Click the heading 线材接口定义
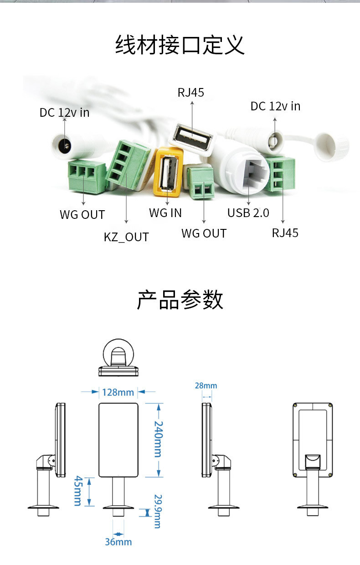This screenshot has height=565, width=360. pos(180,45)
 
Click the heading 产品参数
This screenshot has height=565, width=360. pos(180,300)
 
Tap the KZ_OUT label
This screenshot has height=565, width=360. pos(126,237)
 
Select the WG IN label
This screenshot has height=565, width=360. pos(165,213)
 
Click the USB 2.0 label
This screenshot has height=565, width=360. pos(248,213)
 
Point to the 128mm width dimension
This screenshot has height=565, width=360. pos(118,392)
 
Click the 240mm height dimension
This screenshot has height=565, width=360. pos(157,439)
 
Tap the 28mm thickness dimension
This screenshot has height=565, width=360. pos(206,386)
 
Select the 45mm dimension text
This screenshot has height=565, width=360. pos(77,491)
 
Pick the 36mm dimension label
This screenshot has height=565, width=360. pos(118,542)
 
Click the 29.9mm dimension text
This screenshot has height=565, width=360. pos(157,511)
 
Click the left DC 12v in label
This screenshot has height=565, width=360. pos(65,112)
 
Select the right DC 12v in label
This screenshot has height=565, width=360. pos(275,106)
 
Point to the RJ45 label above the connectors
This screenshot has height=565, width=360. pos(191,93)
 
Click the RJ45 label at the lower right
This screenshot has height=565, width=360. pos(285,233)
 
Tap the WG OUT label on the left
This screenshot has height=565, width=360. pos(82,214)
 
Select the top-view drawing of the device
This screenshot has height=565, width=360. pos(118,358)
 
